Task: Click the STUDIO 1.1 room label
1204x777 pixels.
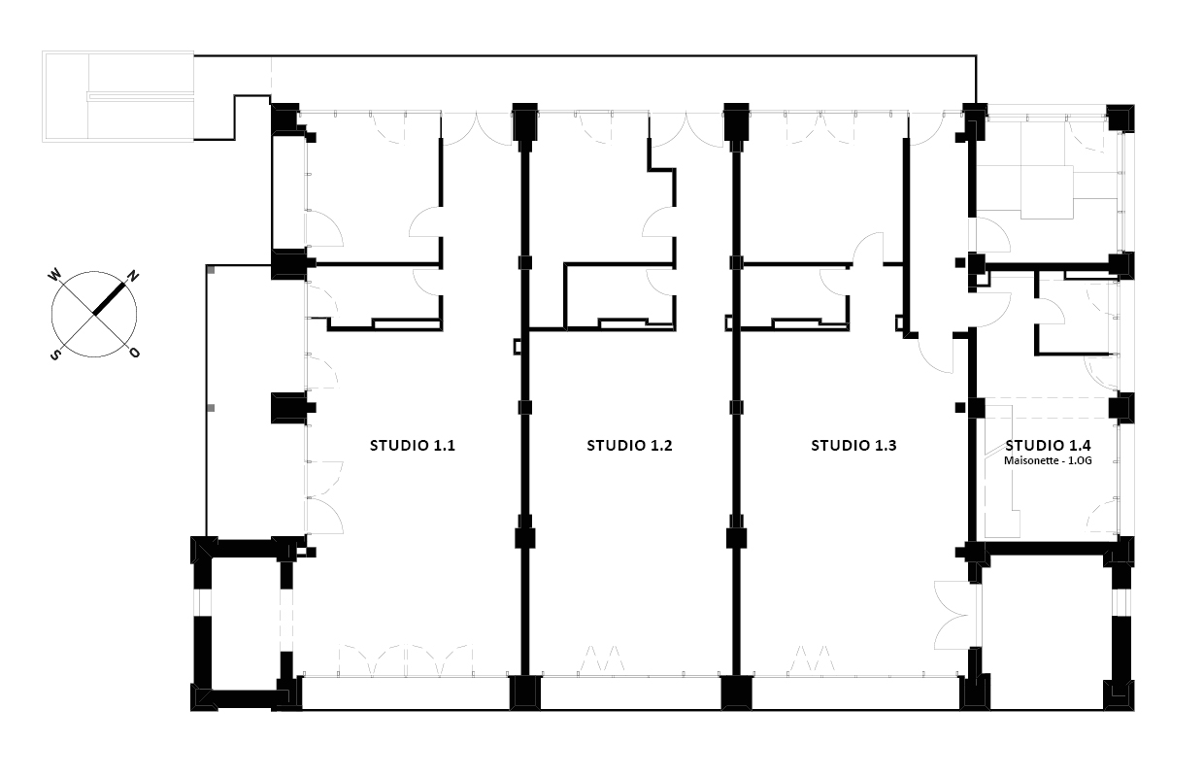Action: click(x=413, y=446)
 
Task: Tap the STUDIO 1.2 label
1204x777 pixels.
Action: click(x=629, y=446)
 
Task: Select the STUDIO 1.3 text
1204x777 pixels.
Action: click(x=853, y=446)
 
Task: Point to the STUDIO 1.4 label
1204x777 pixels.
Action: click(x=1048, y=445)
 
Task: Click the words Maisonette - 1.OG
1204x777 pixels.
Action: click(x=1048, y=460)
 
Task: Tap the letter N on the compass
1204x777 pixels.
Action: click(x=132, y=277)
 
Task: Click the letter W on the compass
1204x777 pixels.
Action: click(x=54, y=276)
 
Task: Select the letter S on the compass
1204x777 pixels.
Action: click(x=54, y=355)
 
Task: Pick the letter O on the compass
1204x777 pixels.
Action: click(x=134, y=353)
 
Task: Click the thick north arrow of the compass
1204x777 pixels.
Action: click(x=109, y=299)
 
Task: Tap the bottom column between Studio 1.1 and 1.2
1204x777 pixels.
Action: click(x=525, y=693)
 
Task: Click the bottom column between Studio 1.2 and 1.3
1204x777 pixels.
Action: click(x=736, y=693)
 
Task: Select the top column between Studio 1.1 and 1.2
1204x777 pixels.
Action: click(x=524, y=121)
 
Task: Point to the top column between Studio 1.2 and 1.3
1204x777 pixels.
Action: click(x=736, y=121)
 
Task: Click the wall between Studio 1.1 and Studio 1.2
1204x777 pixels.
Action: click(x=525, y=409)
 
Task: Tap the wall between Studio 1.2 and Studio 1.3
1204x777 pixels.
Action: click(x=736, y=409)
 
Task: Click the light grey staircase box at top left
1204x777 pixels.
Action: click(x=118, y=97)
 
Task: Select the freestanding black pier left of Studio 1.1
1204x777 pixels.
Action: click(x=290, y=408)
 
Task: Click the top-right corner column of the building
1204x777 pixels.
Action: click(x=1120, y=118)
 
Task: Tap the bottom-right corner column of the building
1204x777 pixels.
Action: click(x=1120, y=695)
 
